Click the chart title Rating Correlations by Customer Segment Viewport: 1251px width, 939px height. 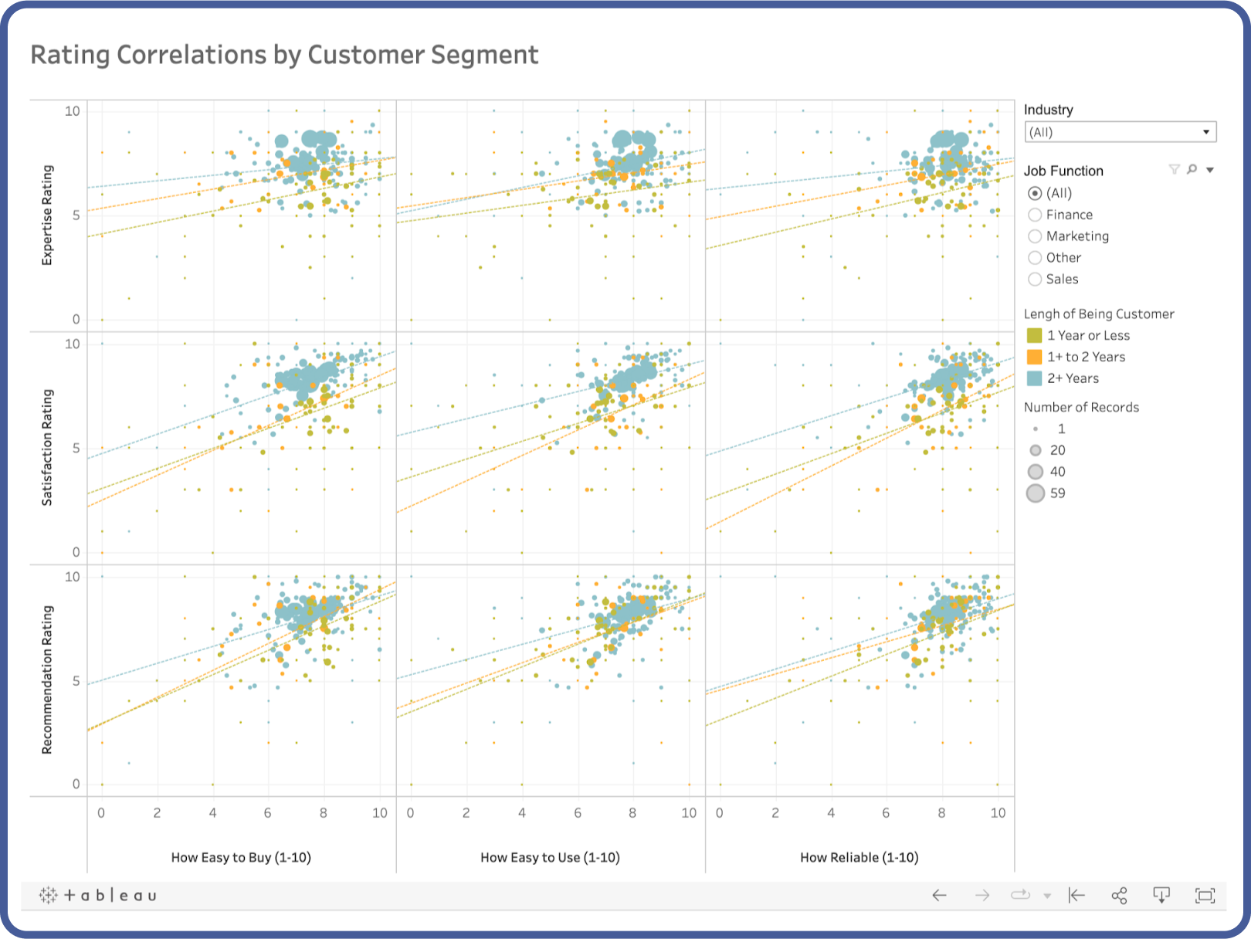tap(283, 55)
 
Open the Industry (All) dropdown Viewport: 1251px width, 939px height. tap(1119, 132)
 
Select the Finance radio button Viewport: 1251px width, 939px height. tap(1035, 215)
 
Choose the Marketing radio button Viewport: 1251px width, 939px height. tap(1035, 236)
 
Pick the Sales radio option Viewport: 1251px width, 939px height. tap(1035, 280)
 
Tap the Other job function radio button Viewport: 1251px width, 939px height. tap(1035, 258)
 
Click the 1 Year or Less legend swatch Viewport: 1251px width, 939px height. tap(1034, 336)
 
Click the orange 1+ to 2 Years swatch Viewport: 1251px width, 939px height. tap(1034, 357)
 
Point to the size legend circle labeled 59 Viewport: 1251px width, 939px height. tap(1036, 493)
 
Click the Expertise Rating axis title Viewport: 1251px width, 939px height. tap(47, 215)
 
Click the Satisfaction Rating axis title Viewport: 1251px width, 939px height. tap(47, 448)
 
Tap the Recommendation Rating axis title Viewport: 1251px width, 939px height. tap(47, 680)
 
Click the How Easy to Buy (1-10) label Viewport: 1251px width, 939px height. tap(241, 857)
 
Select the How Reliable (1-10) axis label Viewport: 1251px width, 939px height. tap(859, 857)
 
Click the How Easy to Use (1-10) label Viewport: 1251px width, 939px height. tap(550, 857)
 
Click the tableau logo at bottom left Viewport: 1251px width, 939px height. tap(98, 896)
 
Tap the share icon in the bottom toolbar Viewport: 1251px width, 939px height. tap(1119, 896)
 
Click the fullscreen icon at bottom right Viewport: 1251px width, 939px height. tap(1205, 896)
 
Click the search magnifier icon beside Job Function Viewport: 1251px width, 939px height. tap(1192, 169)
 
